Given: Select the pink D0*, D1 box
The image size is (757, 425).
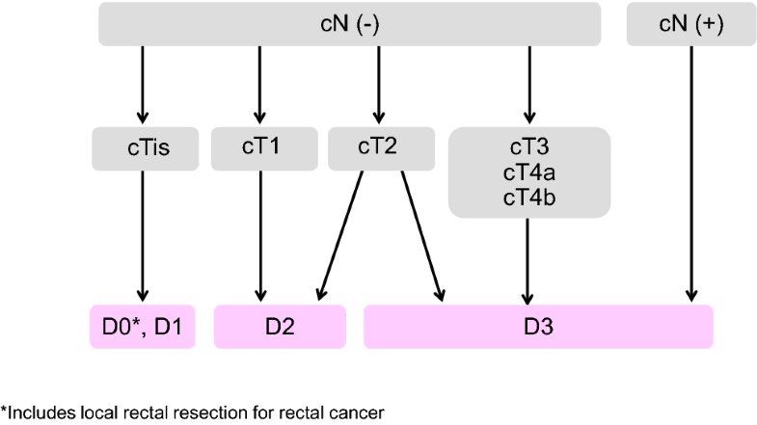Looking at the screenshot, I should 143,327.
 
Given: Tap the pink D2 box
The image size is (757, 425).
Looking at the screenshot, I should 280,327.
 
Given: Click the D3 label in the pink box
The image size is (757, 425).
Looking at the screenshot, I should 537,327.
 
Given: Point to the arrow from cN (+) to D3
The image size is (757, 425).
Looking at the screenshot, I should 690,173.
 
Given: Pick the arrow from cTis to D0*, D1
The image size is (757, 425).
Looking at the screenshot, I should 143,231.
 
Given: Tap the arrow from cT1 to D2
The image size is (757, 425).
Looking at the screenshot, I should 259,231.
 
